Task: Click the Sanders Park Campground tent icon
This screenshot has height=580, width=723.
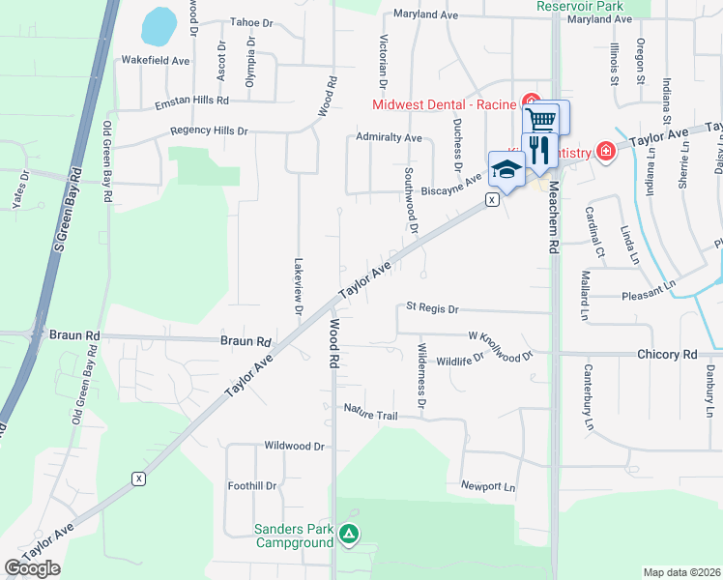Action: tap(349, 533)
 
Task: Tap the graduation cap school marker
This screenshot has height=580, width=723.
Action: tap(506, 169)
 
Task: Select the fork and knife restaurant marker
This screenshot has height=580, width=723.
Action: tap(539, 148)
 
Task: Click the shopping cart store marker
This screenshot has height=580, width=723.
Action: tap(542, 120)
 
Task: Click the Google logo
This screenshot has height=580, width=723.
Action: tap(32, 568)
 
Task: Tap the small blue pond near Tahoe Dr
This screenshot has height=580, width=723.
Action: tap(157, 26)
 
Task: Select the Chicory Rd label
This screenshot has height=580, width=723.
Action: tap(667, 355)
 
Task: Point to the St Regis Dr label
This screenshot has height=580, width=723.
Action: tap(431, 307)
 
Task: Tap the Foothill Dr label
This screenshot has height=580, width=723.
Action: tap(251, 486)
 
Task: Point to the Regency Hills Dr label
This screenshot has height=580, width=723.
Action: tap(209, 130)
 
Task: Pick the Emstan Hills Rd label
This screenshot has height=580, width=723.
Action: tap(184, 100)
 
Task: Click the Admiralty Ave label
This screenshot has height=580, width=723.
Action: tap(389, 138)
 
